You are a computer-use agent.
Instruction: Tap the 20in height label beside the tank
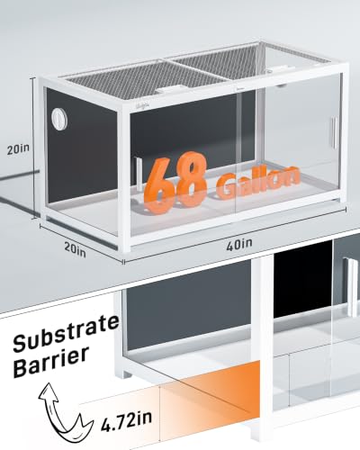pyautogui.click(x=18, y=149)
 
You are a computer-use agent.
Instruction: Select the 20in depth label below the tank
pyautogui.click(x=75, y=249)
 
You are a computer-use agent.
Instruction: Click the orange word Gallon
pyautogui.click(x=258, y=182)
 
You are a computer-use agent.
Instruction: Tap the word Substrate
pyautogui.click(x=66, y=334)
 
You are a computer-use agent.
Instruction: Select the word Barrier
pyautogui.click(x=51, y=362)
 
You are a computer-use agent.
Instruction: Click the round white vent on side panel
pyautogui.click(x=58, y=119)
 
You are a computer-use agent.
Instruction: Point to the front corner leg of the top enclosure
pyautogui.click(x=126, y=181)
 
